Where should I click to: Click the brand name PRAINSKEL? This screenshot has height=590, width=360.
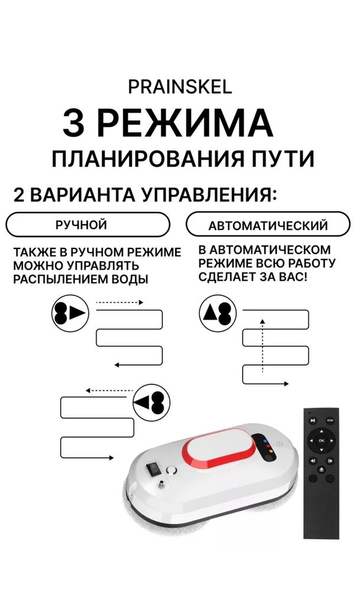click(180, 87)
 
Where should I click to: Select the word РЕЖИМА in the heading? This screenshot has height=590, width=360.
click(184, 123)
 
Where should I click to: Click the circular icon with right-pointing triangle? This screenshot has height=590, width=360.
click(70, 313)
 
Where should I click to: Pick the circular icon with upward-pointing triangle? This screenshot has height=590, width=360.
click(218, 313)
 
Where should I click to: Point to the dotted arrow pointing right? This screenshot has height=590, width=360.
click(120, 303)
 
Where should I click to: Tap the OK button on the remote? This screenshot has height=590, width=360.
click(321, 440)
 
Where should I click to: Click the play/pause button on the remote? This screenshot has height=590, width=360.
click(313, 421)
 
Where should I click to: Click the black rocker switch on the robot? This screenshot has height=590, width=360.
click(155, 468)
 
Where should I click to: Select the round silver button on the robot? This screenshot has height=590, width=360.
click(172, 470)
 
